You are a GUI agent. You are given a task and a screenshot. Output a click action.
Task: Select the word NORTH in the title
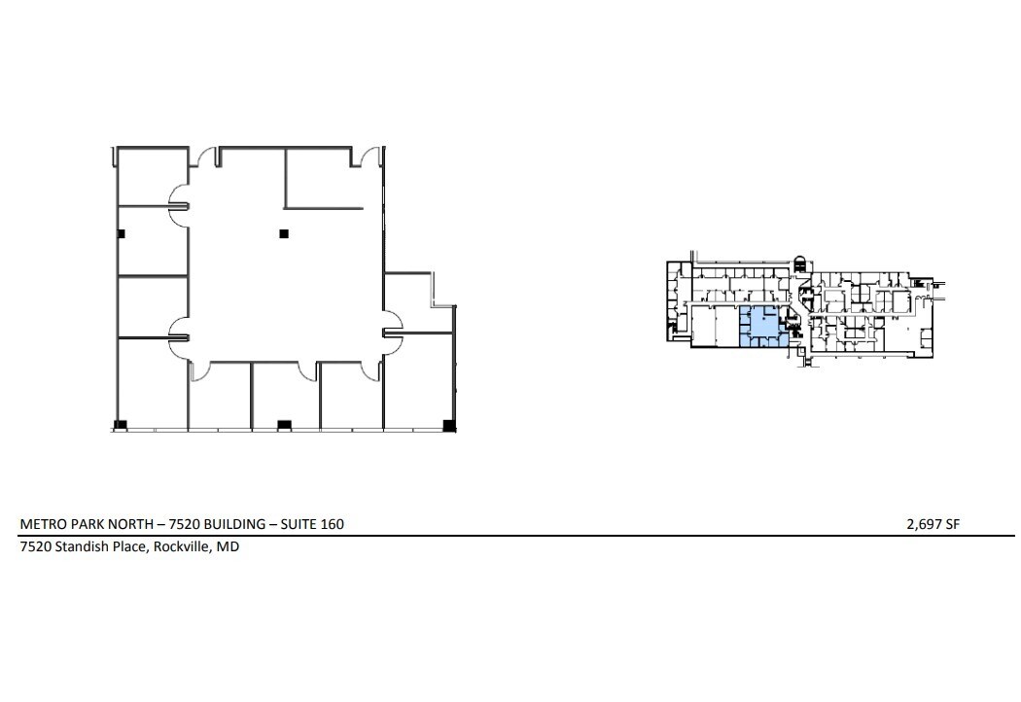[131, 524]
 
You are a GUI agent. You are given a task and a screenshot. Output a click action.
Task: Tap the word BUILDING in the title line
[226, 524]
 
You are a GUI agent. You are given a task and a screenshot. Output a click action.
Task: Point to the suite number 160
[331, 524]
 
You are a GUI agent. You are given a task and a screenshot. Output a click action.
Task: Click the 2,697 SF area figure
[933, 524]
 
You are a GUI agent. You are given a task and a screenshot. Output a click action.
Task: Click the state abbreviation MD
[229, 546]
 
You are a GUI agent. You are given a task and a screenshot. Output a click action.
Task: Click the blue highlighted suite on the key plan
[762, 326]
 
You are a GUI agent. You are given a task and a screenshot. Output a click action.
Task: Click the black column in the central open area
[284, 233]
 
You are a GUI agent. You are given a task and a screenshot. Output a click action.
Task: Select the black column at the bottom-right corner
[448, 425]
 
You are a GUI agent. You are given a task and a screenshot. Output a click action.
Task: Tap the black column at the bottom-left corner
[121, 425]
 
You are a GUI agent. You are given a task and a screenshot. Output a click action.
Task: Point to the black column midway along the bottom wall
[284, 425]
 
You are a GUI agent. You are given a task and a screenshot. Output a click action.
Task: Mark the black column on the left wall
[121, 234]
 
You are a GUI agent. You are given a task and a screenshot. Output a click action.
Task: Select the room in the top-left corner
[152, 176]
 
